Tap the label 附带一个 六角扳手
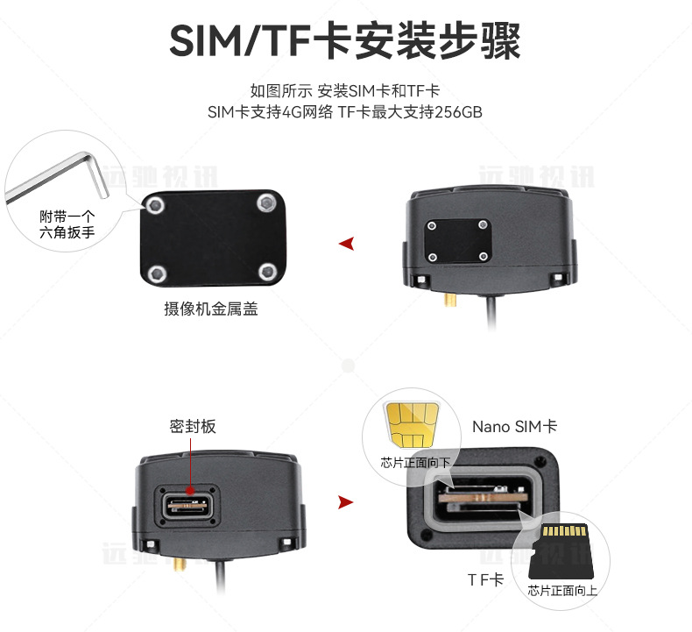67,224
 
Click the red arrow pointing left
347,244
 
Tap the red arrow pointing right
346,502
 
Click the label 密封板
193,427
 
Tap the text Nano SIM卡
515,427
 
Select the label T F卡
485,579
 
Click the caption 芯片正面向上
562,591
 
